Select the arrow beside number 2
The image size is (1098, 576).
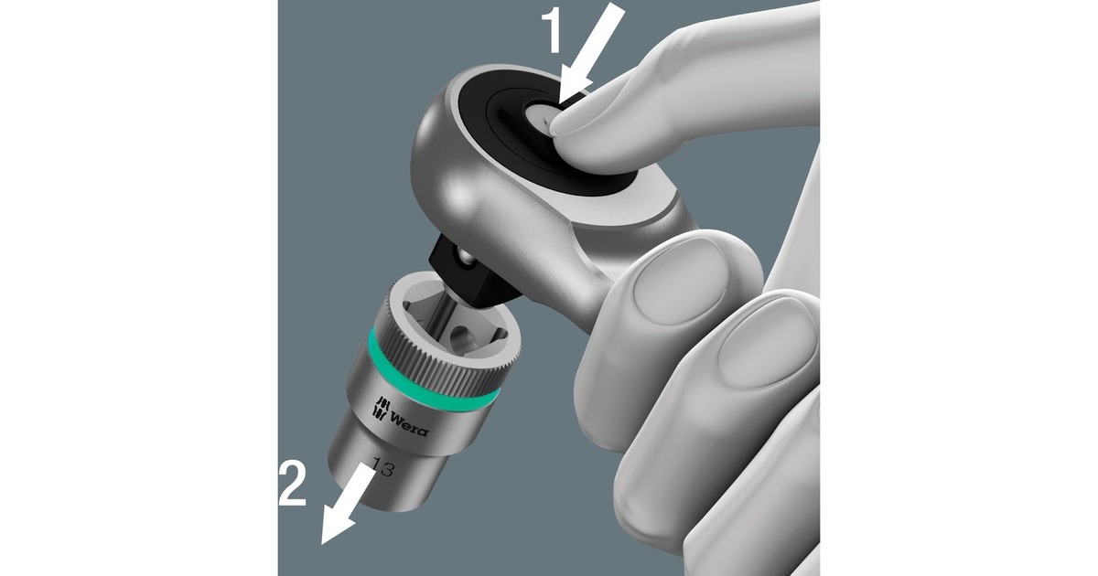(x=347, y=504)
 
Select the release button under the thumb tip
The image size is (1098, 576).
(x=544, y=118)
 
